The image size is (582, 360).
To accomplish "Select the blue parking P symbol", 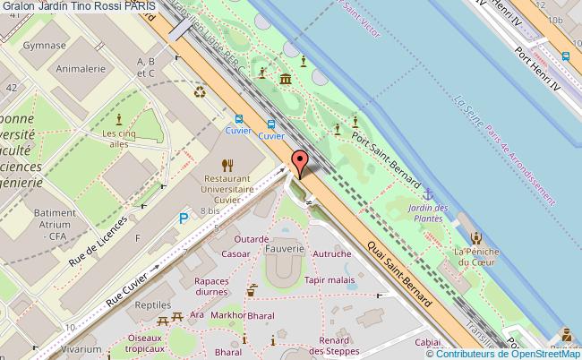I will (184, 218).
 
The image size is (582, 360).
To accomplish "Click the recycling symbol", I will (199, 90).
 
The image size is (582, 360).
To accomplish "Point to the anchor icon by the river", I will (428, 193).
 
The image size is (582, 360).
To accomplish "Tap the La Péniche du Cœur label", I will (475, 256).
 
